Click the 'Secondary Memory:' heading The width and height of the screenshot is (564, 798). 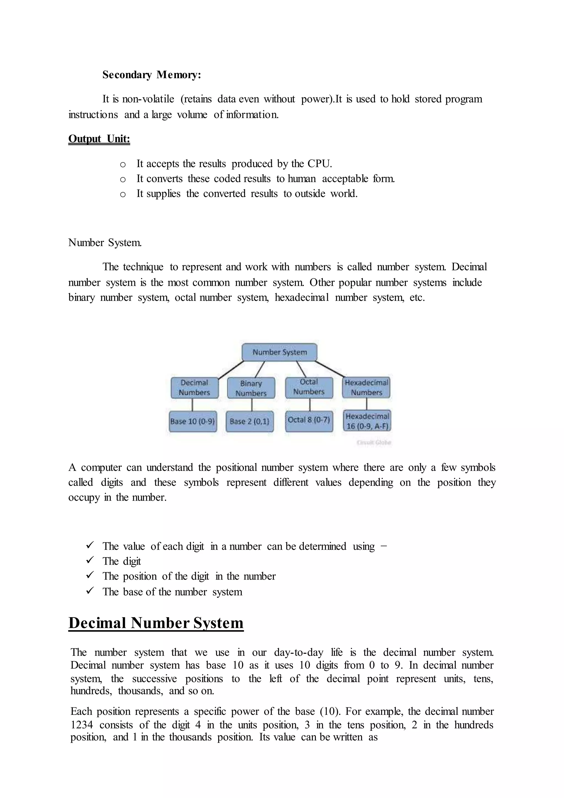click(x=151, y=75)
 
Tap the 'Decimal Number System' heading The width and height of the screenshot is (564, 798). click(x=156, y=622)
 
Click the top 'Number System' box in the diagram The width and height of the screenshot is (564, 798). click(x=279, y=352)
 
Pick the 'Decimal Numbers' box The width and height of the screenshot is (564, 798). click(x=194, y=387)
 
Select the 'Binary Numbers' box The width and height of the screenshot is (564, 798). click(x=251, y=388)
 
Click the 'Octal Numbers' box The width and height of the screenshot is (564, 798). click(x=309, y=387)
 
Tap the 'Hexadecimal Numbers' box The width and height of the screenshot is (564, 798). click(x=366, y=387)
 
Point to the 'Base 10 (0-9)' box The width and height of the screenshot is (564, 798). click(x=192, y=421)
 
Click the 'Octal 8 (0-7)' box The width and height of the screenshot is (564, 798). click(x=309, y=420)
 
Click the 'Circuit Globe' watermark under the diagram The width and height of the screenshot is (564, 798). click(x=374, y=443)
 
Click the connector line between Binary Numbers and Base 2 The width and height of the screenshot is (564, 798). click(x=252, y=405)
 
